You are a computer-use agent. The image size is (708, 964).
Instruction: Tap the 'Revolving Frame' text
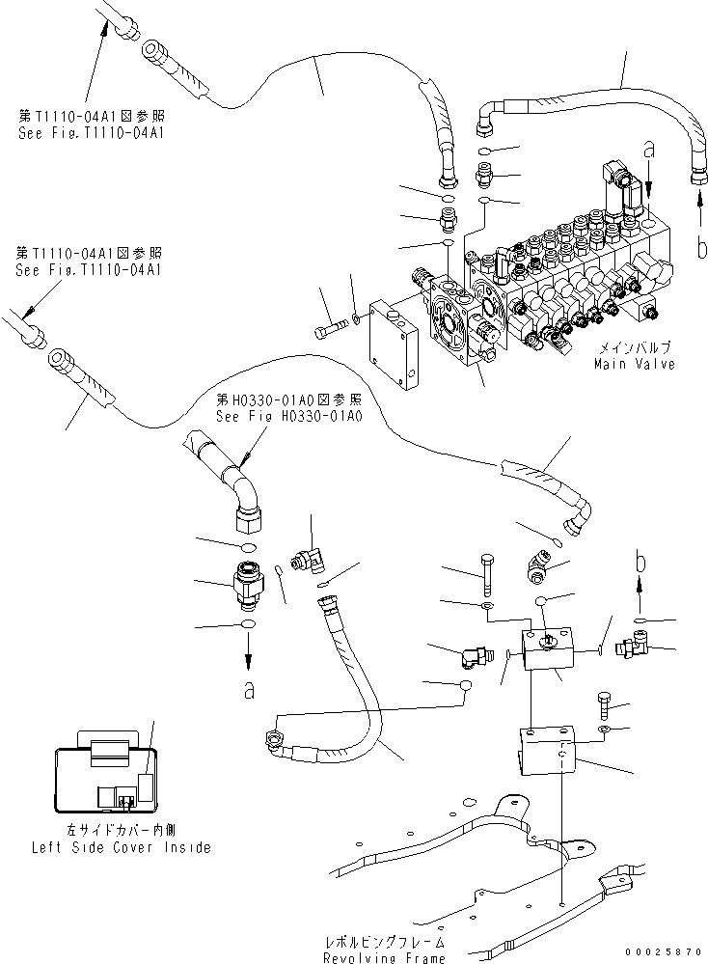(x=385, y=957)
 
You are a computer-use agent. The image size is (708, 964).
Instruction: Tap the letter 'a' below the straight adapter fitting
(x=248, y=690)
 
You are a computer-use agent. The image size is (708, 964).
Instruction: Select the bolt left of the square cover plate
(x=329, y=331)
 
